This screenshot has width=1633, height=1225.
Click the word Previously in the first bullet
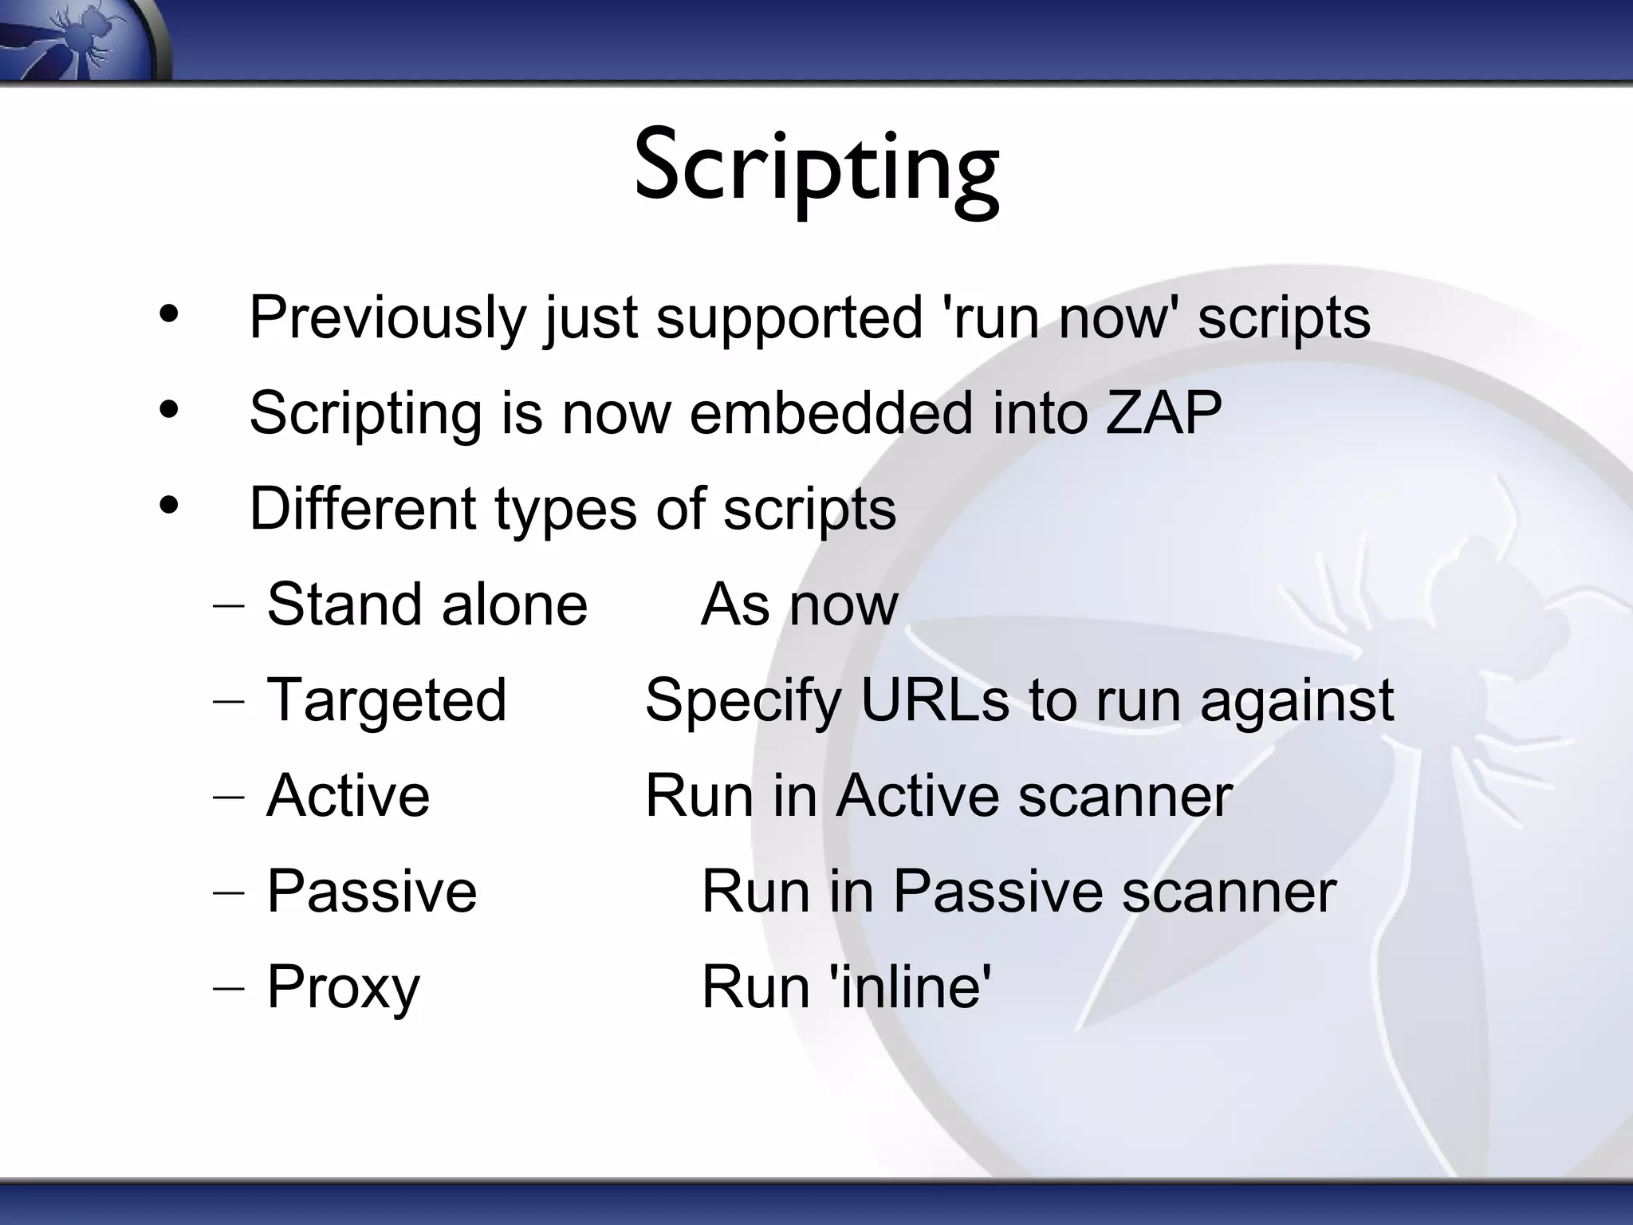tap(388, 317)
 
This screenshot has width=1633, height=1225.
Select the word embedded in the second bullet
tap(831, 413)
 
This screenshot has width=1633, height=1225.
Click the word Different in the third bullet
tap(363, 509)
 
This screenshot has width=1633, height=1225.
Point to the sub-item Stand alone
tap(427, 605)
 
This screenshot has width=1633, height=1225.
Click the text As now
tap(800, 605)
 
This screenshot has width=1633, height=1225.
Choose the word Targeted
tap(387, 700)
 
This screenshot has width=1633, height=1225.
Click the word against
tap(1297, 700)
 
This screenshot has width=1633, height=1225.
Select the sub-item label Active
tap(348, 796)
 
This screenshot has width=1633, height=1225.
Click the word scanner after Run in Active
tap(1125, 796)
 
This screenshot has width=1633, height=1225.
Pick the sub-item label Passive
tap(372, 892)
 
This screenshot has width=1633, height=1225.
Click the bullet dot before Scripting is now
tap(169, 410)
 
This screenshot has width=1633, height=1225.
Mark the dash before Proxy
tap(229, 987)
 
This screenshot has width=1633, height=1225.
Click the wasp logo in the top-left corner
tap(80, 40)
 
